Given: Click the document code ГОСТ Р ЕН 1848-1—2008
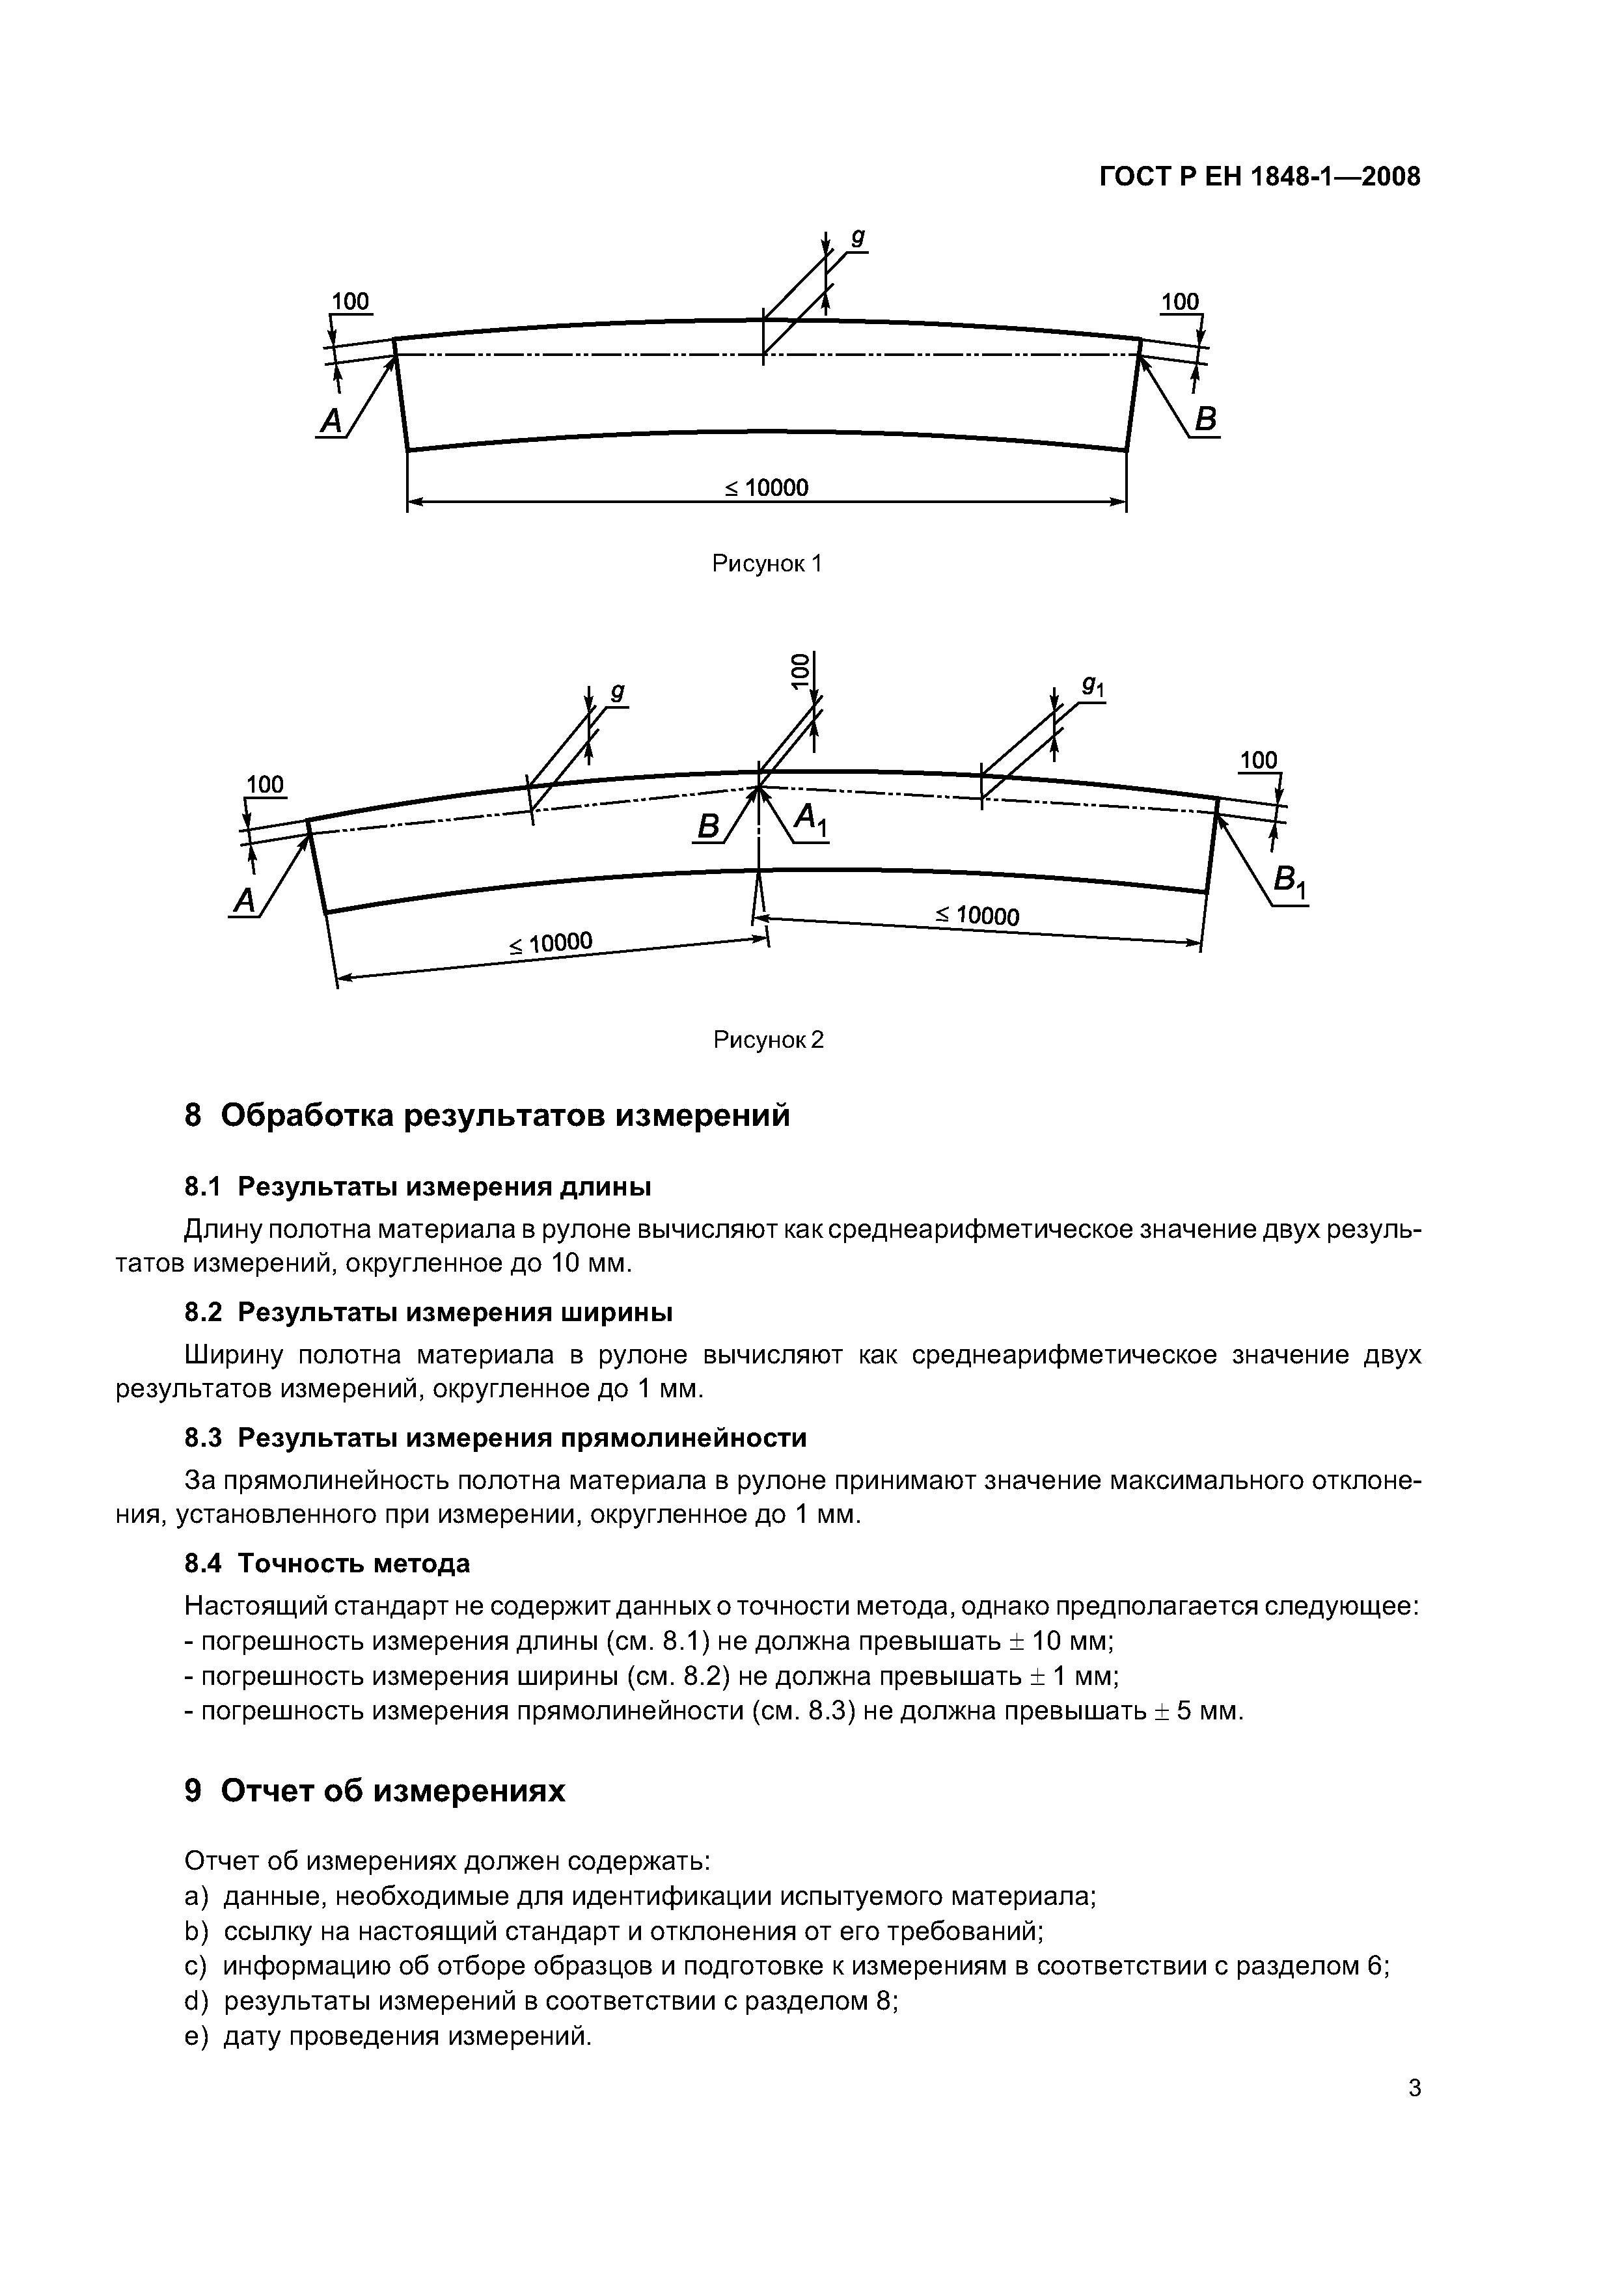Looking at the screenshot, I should tap(1260, 178).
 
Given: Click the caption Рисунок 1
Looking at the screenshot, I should tap(767, 564).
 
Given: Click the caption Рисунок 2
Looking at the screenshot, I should tap(768, 1040).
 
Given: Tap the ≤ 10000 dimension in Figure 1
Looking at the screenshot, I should tap(766, 487).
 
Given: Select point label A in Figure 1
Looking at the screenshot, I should tap(330, 422).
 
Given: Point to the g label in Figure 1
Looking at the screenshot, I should tap(857, 239).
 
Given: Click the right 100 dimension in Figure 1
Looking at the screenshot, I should tap(1181, 301).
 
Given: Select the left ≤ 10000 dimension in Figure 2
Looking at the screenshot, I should tap(551, 942).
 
